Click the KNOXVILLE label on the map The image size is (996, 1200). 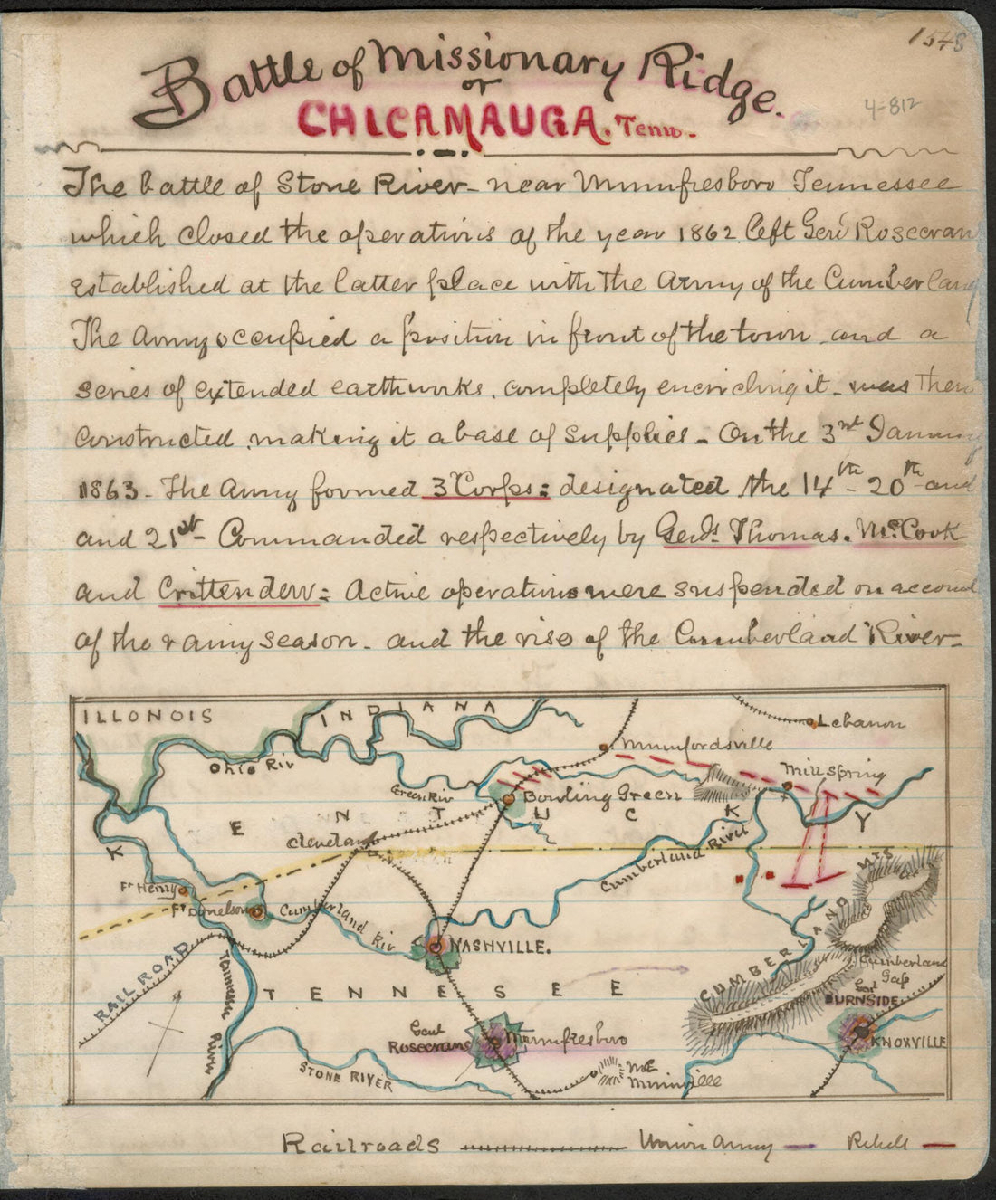908,1042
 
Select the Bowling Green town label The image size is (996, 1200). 601,796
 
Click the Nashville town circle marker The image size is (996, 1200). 436,948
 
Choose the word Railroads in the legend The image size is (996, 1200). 360,1144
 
